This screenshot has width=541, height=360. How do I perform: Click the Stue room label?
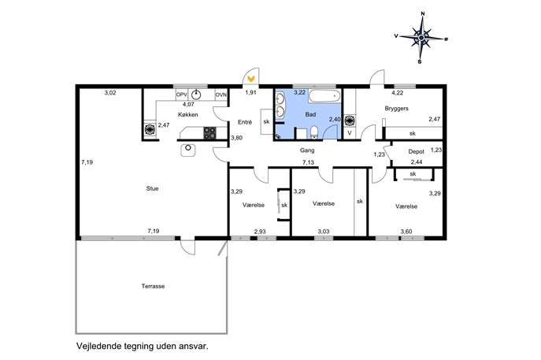152,188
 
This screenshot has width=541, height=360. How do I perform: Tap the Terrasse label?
153,286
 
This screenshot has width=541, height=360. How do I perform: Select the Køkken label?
188,114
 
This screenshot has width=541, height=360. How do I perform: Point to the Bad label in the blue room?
310,114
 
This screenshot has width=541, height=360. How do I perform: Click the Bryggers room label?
396,109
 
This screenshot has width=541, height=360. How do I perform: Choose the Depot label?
416,151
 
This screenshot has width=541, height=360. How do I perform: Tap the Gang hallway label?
307,150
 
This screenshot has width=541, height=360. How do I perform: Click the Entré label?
245,122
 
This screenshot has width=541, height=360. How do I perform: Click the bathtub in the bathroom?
324,96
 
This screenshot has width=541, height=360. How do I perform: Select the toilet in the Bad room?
314,132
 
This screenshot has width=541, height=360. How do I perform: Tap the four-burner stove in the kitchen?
209,133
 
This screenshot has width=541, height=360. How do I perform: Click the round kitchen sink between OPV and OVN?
196,95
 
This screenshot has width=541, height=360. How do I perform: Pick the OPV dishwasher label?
181,95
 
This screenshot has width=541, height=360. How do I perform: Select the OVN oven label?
220,95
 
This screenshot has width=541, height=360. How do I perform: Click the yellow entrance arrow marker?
251,79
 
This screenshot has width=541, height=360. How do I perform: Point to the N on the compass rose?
423,14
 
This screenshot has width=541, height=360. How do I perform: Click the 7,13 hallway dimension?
308,162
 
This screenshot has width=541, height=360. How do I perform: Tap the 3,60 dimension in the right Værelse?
406,232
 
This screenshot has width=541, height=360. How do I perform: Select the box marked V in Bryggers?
350,133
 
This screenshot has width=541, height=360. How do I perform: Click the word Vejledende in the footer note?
98,346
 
